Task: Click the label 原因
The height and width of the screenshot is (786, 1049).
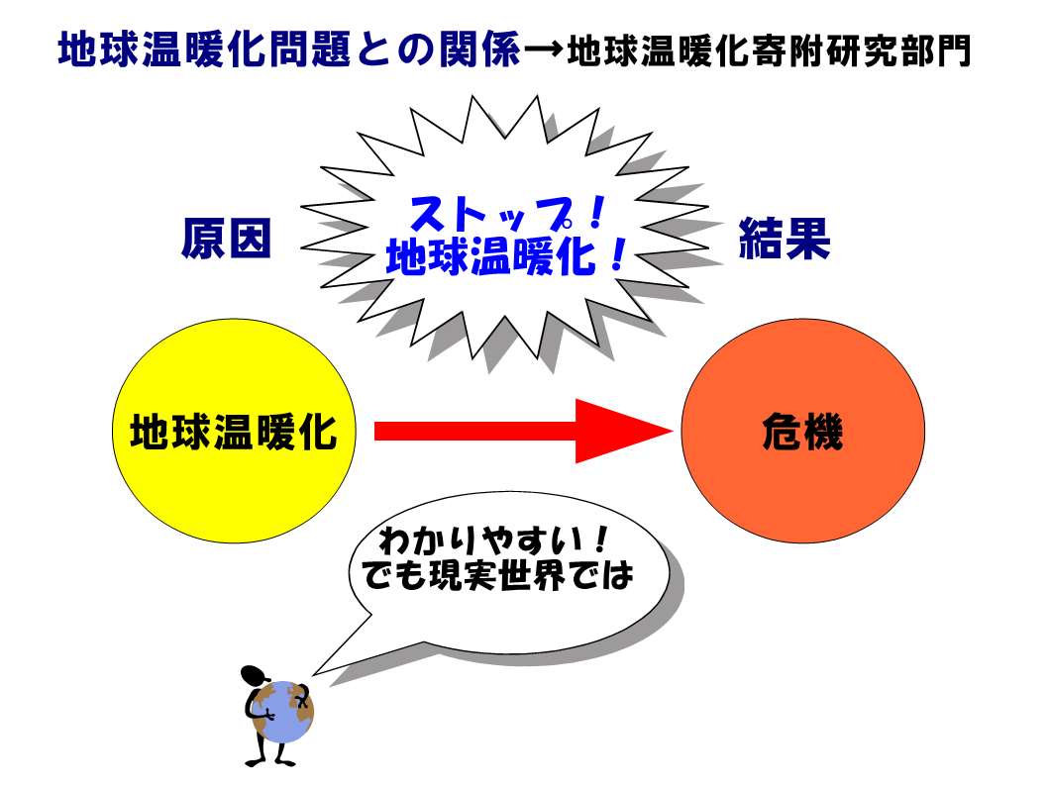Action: pos(226,239)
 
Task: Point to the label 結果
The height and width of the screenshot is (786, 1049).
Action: pos(785,238)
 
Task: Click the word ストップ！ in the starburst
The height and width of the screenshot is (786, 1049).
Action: pos(507,214)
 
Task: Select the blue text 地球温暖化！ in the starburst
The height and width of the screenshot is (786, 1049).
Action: pos(506,255)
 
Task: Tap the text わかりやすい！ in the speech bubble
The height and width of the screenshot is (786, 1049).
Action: pos(493,540)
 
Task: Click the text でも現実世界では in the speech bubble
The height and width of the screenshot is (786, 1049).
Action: pos(497,574)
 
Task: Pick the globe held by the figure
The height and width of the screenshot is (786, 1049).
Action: pos(285,712)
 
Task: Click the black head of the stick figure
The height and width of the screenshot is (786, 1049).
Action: pos(255,676)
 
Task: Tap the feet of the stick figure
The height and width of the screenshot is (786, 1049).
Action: pos(270,761)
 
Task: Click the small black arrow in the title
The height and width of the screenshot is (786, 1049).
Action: pos(543,50)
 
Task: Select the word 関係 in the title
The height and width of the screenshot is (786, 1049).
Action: pos(479,49)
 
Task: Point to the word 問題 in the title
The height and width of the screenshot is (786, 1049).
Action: pos(310,49)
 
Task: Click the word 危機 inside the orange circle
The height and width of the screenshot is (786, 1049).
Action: pos(802,432)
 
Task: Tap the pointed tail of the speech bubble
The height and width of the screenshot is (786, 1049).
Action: pos(314,673)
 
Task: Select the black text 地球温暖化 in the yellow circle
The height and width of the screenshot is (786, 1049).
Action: pos(234,432)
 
